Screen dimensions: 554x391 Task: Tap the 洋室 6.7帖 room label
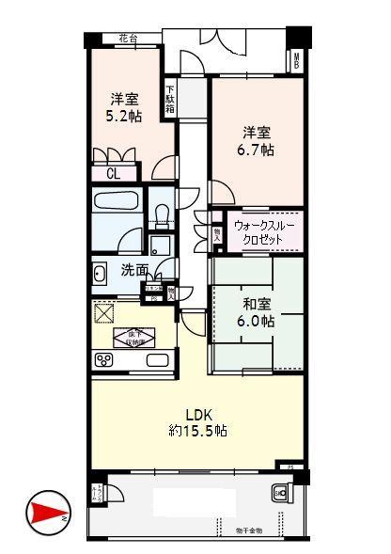(255, 141)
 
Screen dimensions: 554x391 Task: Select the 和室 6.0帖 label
(256, 313)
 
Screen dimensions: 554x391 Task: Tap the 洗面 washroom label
(134, 270)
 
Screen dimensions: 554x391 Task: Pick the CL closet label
(113, 173)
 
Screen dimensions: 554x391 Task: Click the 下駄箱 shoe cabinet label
(170, 97)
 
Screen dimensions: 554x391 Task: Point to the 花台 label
(127, 38)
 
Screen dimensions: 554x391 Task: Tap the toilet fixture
(161, 214)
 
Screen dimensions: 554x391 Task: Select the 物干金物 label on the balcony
(247, 532)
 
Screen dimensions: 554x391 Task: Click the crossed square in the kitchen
(102, 312)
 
